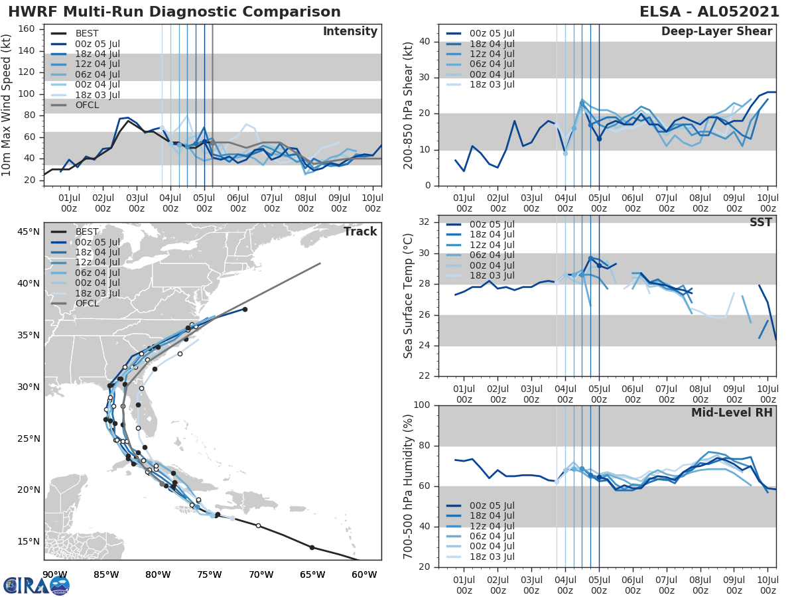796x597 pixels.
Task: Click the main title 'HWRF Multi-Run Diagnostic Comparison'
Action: point(174,12)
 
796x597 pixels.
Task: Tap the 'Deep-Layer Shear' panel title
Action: point(716,32)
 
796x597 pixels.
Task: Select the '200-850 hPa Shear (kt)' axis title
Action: point(409,105)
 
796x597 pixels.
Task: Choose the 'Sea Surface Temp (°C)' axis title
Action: point(409,296)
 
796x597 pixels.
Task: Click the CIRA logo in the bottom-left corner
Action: point(36,584)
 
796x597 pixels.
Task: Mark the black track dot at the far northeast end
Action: point(245,309)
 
